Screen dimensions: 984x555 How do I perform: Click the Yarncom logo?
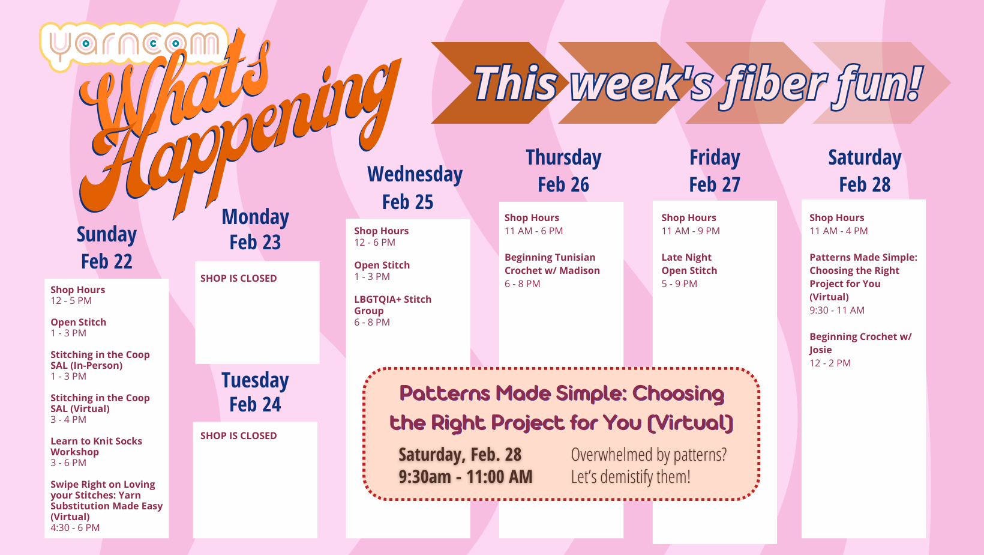tap(134, 45)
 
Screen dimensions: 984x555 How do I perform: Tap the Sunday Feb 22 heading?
tap(107, 247)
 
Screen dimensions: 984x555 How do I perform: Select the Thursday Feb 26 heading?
tap(563, 171)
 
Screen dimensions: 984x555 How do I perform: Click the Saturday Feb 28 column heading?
tap(865, 171)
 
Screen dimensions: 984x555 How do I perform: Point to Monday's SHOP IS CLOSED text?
tap(239, 278)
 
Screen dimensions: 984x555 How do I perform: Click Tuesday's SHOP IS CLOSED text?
tap(239, 436)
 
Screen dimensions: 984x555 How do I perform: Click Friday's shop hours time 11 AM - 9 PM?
tap(691, 231)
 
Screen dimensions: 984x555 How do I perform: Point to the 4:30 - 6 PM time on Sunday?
tap(75, 528)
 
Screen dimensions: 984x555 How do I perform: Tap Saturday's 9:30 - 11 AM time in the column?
tap(837, 310)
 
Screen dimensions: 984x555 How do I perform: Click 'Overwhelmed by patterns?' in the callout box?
tap(649, 455)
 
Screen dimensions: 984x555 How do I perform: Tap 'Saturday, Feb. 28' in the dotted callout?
tap(460, 455)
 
